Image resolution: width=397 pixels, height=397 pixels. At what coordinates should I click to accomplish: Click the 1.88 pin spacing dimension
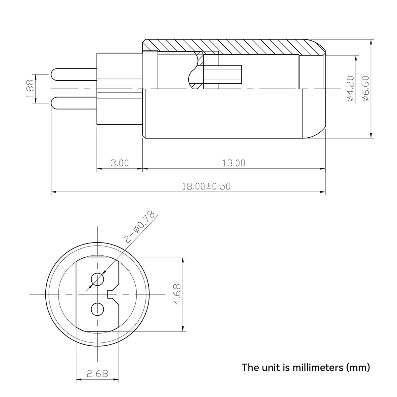point(30,89)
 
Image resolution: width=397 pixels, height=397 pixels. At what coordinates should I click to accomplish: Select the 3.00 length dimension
point(119,163)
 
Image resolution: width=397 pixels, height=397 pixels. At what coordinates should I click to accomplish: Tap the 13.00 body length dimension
point(234,163)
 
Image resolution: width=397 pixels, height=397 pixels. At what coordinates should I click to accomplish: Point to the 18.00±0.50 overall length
point(206,186)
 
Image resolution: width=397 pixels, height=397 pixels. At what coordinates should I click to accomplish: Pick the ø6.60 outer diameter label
point(366,89)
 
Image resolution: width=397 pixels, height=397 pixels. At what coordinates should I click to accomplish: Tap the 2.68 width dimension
point(97,374)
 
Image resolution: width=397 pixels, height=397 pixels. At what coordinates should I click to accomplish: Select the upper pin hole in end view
point(97,279)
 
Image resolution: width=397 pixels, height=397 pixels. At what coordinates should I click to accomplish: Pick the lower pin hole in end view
point(97,309)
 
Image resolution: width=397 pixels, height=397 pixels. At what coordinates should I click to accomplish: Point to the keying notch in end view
point(111,294)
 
